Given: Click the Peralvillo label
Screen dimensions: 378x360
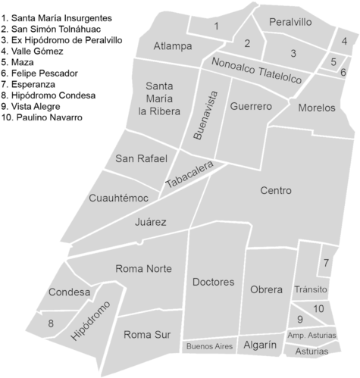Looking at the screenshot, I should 290,23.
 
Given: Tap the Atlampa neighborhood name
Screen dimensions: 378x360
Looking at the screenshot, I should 173,47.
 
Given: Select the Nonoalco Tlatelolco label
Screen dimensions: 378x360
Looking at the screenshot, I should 258,70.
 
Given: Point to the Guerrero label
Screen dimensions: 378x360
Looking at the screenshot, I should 250,107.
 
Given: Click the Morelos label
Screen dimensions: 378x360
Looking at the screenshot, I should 316,108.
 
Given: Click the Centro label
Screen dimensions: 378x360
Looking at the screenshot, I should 275,191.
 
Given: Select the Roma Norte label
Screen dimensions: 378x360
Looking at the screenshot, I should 143,269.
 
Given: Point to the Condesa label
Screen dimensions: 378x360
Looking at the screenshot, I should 69,292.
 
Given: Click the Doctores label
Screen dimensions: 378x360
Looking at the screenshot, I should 213,283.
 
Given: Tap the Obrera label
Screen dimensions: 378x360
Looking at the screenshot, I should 266,289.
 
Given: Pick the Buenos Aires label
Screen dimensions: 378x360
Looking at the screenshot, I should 209,346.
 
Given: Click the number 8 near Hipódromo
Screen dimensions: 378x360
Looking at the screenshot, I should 51,324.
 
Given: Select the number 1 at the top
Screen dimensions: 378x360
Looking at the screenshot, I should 217,27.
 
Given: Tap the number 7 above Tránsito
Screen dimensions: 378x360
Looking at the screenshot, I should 326,264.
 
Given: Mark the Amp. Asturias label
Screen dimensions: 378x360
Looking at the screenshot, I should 311,335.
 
